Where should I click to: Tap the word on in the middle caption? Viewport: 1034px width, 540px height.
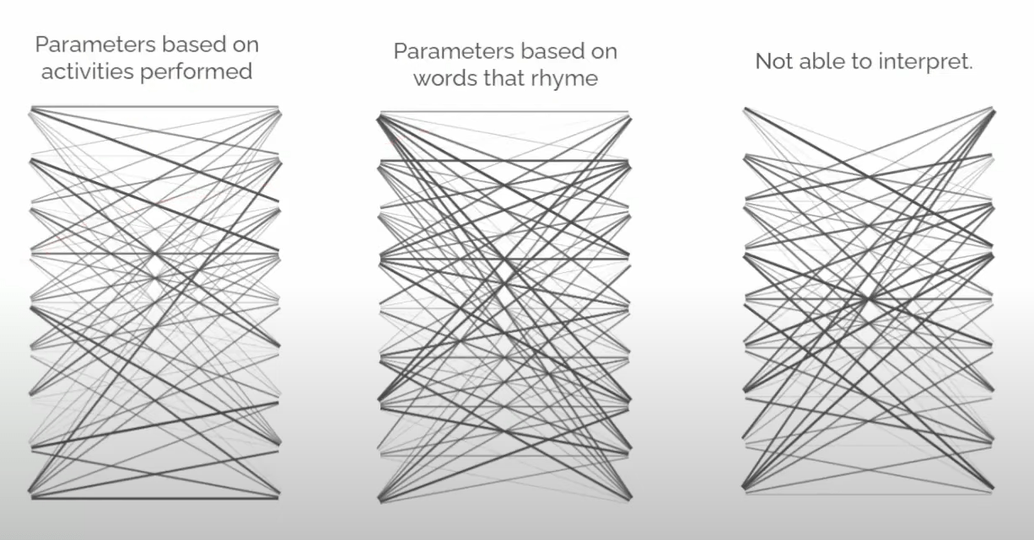point(603,51)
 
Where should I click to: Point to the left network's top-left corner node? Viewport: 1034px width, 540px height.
point(31,108)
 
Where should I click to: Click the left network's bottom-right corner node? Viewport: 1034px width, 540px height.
point(278,498)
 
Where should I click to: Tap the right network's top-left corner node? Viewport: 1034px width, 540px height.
point(745,108)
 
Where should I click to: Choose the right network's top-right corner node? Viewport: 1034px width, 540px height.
point(994,108)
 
